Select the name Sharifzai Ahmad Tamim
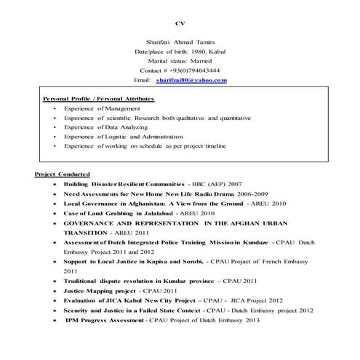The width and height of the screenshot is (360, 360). tap(180, 42)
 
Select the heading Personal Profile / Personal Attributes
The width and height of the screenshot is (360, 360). tap(98, 97)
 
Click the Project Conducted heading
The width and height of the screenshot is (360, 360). tap(63, 175)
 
